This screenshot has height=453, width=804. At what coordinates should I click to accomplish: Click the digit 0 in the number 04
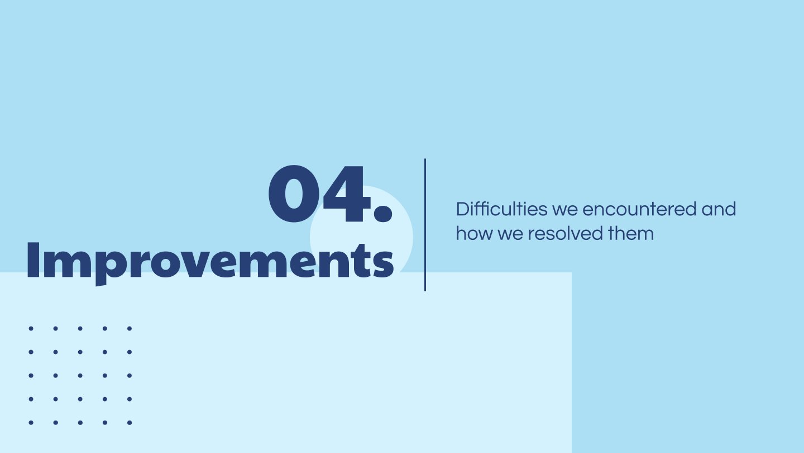coord(294,194)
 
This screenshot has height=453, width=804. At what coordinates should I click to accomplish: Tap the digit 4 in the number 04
coord(346,194)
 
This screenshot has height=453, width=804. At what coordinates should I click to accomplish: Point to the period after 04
coord(382,212)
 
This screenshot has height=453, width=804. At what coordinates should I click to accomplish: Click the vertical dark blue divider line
coord(425,225)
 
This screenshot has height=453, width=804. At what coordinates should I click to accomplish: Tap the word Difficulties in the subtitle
coord(501,209)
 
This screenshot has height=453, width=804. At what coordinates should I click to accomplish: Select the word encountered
coord(639,209)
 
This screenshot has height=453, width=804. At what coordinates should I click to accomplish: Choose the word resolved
coord(565,233)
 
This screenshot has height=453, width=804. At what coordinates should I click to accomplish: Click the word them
coord(631,233)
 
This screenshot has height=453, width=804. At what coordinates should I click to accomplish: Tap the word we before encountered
coord(564,210)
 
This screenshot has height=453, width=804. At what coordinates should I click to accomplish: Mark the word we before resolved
coord(510,235)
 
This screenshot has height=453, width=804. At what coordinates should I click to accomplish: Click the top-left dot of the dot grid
coord(31,328)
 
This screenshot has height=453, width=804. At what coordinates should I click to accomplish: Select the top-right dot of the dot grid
coord(129,328)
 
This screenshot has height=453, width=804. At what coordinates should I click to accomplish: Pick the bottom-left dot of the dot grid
coord(31,422)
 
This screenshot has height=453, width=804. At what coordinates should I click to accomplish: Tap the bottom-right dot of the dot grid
coord(129,422)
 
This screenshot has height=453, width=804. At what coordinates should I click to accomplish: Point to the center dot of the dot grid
coord(80,375)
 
